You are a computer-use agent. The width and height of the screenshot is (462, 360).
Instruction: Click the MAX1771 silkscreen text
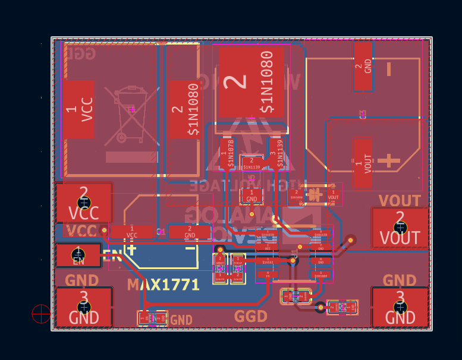(163, 285)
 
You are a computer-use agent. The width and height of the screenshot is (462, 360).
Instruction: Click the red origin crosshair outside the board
(41, 314)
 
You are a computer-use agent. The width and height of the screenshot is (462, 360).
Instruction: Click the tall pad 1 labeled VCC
(78, 110)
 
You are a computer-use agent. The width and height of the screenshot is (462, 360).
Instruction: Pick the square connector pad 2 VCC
(84, 203)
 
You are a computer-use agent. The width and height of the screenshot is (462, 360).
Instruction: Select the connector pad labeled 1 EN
(78, 255)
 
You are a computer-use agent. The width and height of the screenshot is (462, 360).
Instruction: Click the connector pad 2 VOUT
(400, 228)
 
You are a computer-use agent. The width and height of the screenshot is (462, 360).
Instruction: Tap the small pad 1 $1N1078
(227, 154)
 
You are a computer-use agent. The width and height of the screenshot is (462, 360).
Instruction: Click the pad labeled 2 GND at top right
(363, 65)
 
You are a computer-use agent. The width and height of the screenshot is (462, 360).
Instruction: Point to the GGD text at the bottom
(251, 317)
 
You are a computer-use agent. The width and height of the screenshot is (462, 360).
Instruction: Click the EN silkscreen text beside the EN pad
(112, 257)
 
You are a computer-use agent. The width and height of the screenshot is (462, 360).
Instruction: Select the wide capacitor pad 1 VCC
(131, 232)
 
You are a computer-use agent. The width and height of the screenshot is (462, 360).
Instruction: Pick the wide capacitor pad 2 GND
(190, 232)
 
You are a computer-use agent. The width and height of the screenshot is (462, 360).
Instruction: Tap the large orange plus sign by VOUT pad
(389, 160)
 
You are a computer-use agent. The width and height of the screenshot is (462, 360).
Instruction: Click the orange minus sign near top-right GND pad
(389, 70)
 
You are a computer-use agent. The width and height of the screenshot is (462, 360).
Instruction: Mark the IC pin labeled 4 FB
(268, 275)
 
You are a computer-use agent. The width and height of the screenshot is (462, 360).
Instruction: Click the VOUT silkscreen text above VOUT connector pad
(400, 201)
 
